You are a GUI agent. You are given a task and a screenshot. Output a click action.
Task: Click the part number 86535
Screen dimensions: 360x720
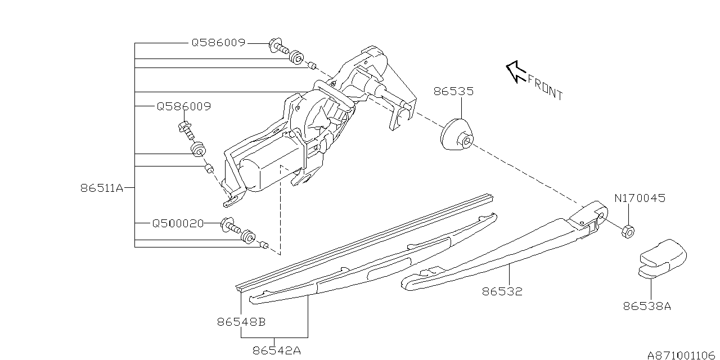(453, 91)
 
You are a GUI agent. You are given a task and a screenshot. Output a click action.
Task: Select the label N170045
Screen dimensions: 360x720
(640, 198)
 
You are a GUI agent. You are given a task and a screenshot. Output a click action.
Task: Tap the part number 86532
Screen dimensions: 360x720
(502, 291)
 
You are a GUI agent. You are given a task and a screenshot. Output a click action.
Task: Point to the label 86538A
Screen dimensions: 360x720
(647, 307)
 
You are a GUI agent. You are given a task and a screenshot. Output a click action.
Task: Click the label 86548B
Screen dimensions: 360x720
(241, 322)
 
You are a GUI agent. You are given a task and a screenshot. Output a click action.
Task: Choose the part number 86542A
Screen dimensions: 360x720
(277, 350)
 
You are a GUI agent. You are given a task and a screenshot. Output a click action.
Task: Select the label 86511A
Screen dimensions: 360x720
(101, 188)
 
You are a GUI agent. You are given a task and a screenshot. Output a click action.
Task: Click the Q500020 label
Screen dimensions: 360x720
(178, 223)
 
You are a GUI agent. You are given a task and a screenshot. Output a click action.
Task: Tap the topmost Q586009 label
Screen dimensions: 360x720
(218, 42)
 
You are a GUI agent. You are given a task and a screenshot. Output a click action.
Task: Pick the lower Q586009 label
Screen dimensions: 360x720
(183, 106)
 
